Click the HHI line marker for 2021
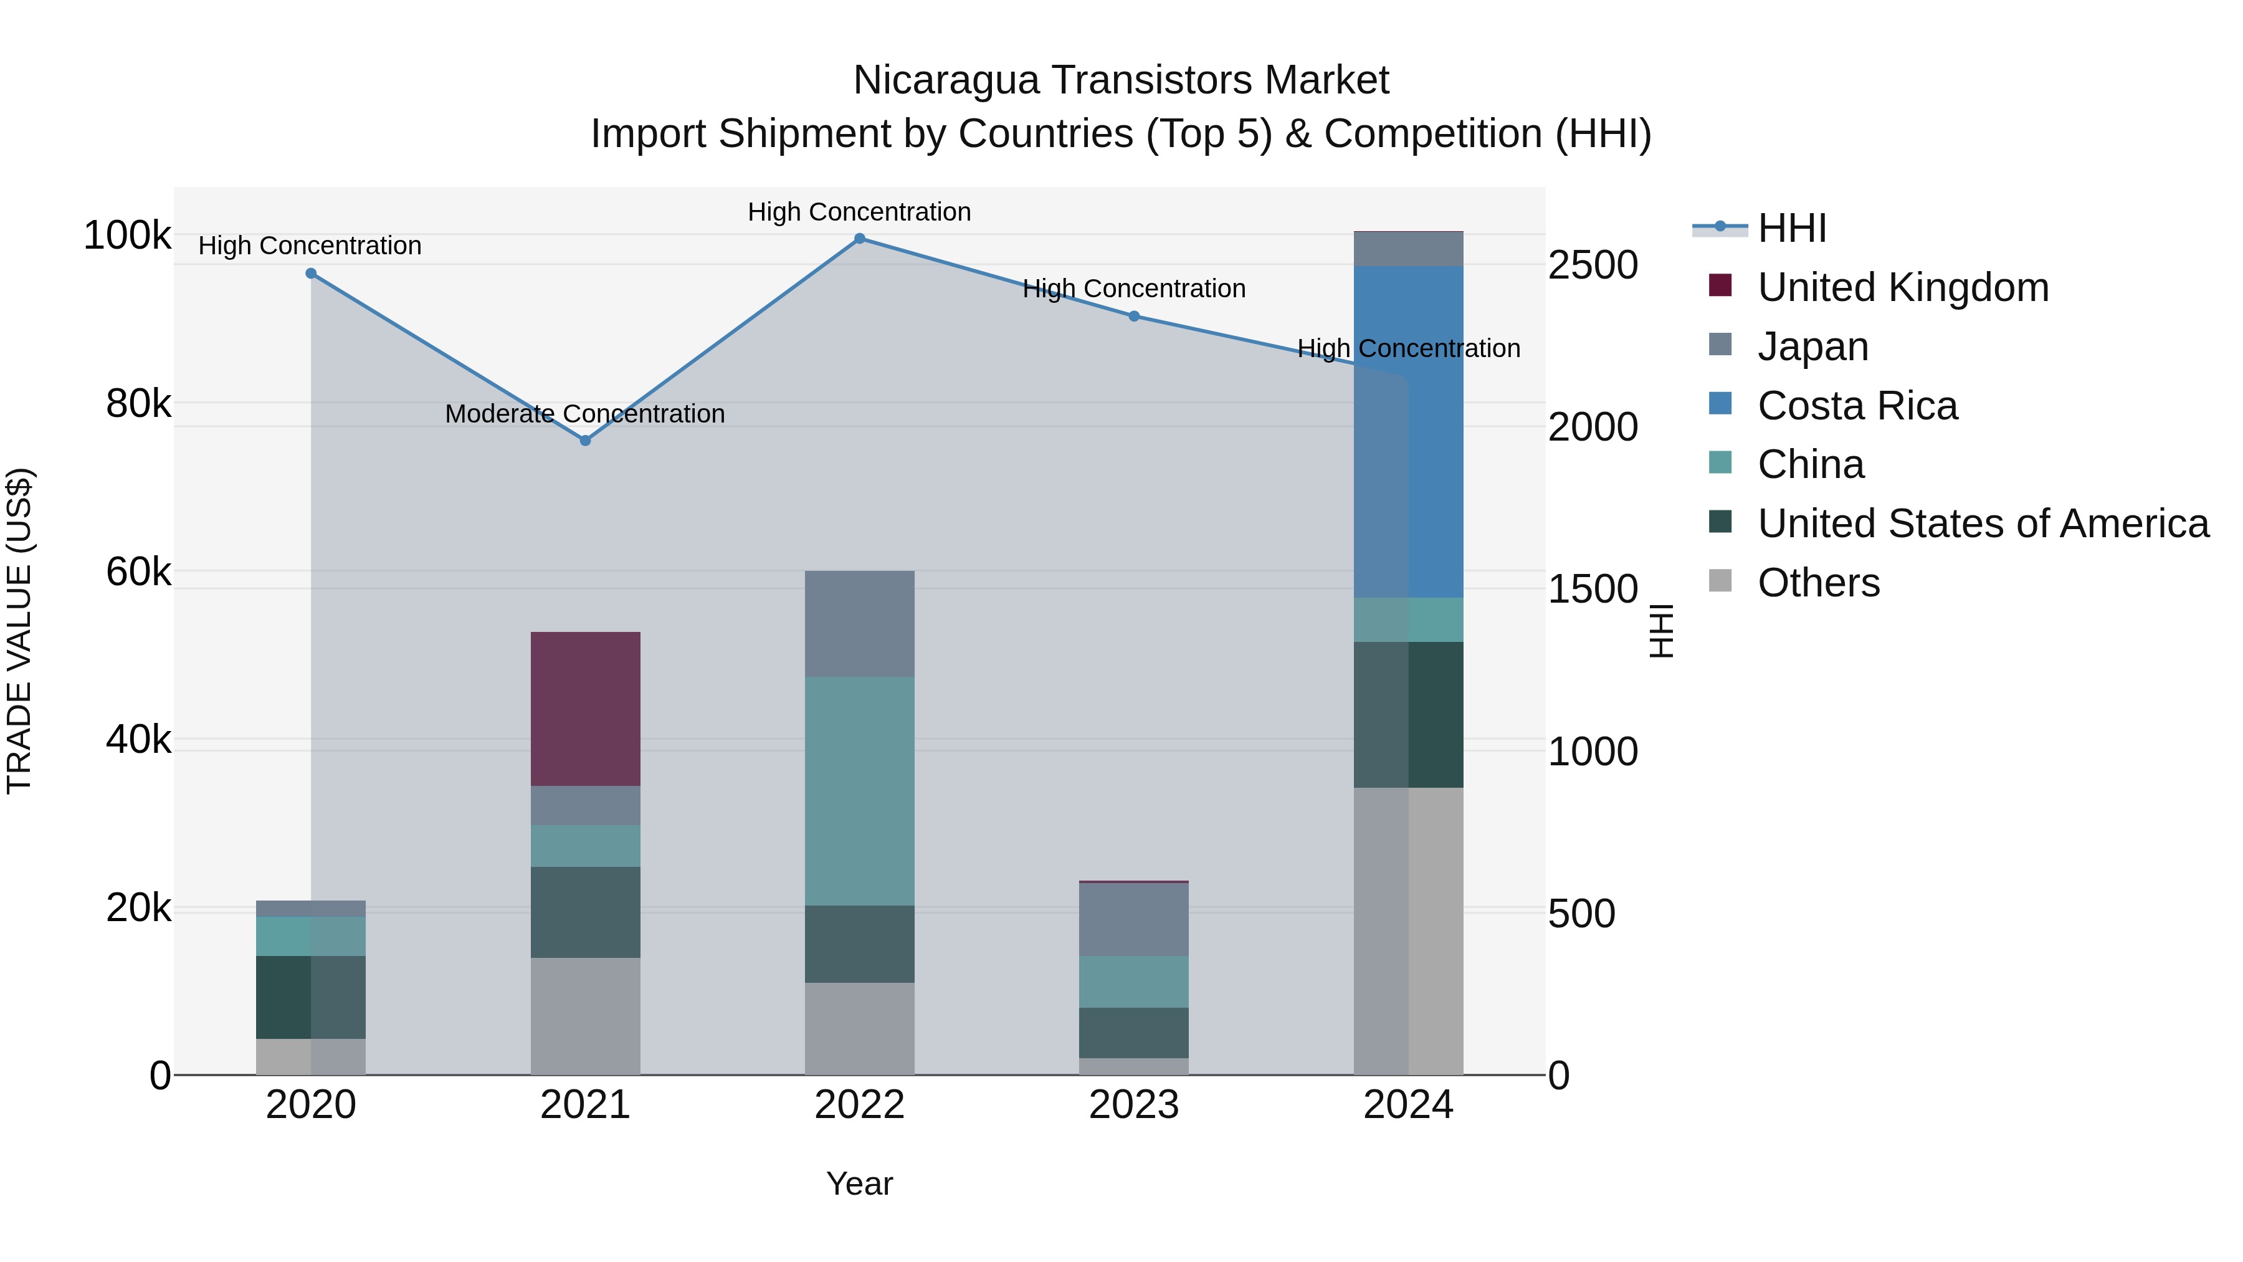[585, 441]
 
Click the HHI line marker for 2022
[859, 239]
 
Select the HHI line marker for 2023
[1134, 316]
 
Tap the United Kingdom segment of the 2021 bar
[585, 709]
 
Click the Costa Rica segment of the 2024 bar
[1409, 432]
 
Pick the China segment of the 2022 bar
[859, 791]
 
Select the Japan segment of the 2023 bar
[1134, 920]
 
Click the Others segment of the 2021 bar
[585, 1016]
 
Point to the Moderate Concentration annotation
[584, 414]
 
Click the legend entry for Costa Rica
[1857, 406]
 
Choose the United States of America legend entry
[1983, 523]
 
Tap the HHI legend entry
[1791, 228]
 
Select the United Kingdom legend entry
[1903, 287]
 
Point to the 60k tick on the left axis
[138, 572]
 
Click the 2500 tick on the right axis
[1593, 265]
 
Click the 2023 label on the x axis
[1134, 1105]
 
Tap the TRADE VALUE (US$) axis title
[19, 631]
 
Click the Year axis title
[859, 1183]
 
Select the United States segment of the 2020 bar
[311, 997]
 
